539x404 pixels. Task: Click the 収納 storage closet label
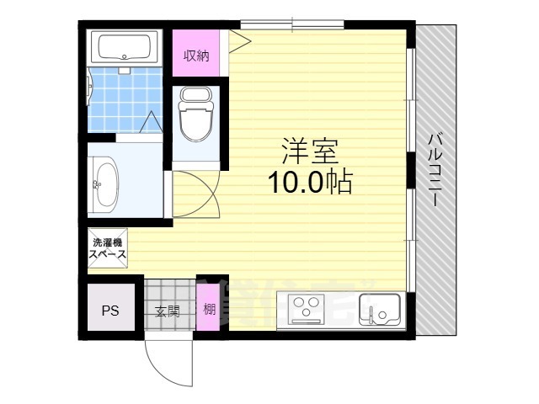[x=196, y=56]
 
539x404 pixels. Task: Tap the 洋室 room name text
[x=310, y=151]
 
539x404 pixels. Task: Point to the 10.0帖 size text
[x=311, y=182]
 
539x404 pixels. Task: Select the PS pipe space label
[x=110, y=311]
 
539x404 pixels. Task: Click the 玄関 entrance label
[x=167, y=311]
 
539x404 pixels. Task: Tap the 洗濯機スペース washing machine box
[x=108, y=248]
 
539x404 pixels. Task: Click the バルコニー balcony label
[x=435, y=171]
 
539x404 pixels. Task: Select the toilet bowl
[x=195, y=114]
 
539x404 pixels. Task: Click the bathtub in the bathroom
[x=125, y=48]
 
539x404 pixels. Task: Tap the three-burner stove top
[x=307, y=309]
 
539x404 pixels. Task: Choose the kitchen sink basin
[x=380, y=310]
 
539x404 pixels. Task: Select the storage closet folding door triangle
[x=239, y=41]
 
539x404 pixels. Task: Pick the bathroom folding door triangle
[x=151, y=121]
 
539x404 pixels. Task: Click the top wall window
[x=292, y=24]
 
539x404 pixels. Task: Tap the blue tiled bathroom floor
[x=125, y=99]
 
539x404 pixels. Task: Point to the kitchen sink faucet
[x=371, y=314]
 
